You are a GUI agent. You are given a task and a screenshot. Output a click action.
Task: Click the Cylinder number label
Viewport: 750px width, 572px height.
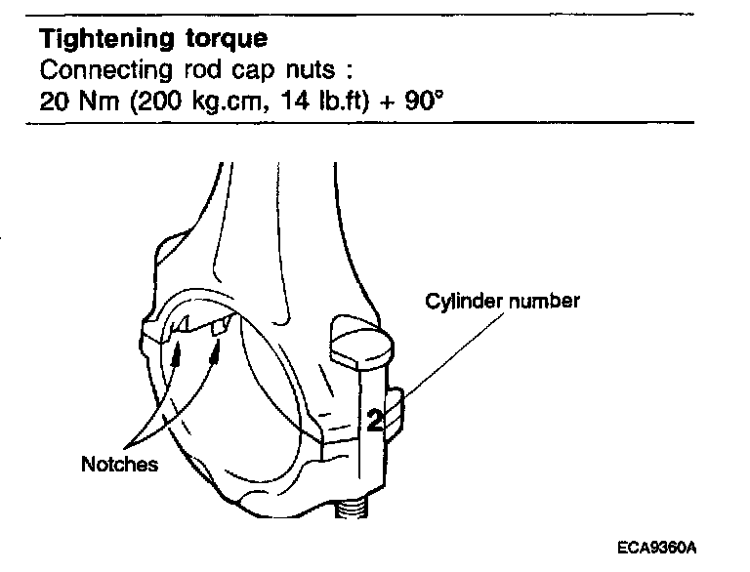pos(501,301)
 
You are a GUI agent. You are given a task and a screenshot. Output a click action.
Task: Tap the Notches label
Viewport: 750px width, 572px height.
pos(119,465)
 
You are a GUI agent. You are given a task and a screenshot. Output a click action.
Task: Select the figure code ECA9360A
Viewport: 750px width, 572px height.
pos(660,548)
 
